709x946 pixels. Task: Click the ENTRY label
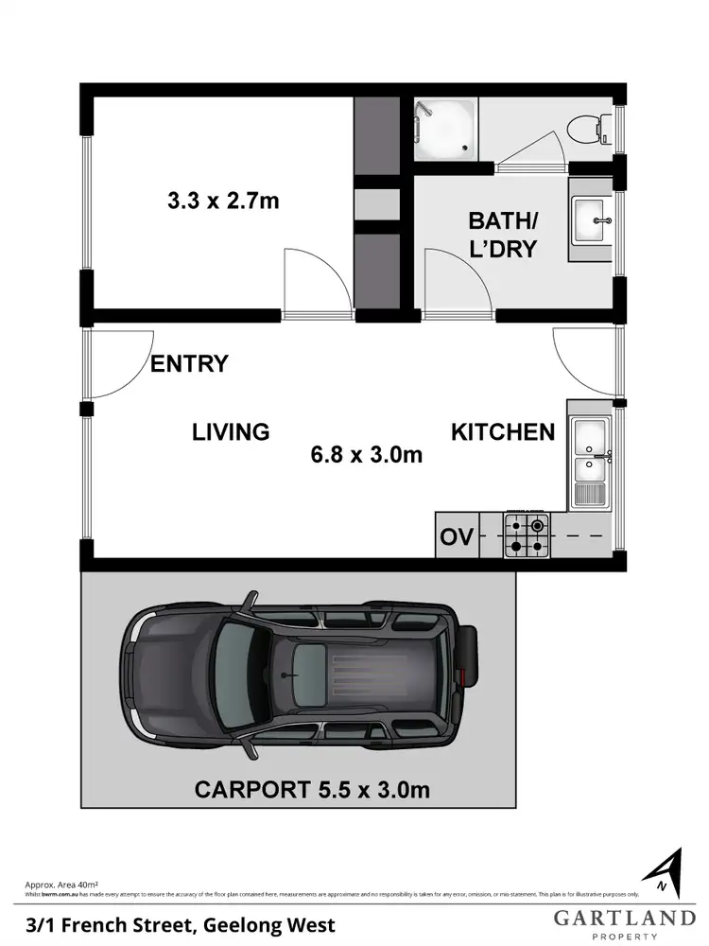pyautogui.click(x=189, y=363)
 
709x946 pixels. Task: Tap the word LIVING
pyautogui.click(x=231, y=432)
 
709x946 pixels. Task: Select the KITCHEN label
pyautogui.click(x=502, y=432)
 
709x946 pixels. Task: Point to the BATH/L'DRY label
pyautogui.click(x=503, y=236)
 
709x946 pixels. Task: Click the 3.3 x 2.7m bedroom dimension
pyautogui.click(x=223, y=201)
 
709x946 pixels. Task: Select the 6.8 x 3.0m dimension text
pyautogui.click(x=366, y=455)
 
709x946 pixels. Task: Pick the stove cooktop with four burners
pyautogui.click(x=526, y=535)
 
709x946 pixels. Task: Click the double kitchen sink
pyautogui.click(x=591, y=452)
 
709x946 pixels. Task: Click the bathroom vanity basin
pyautogui.click(x=594, y=223)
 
